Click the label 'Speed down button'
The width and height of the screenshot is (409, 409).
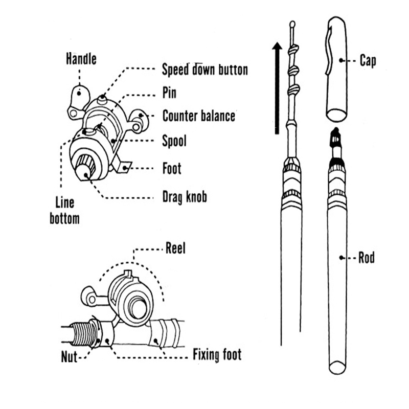tap(204, 69)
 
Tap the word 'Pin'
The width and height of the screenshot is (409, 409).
tap(169, 93)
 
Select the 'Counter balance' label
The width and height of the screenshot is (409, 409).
tap(199, 116)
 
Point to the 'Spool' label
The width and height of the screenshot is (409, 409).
tap(174, 141)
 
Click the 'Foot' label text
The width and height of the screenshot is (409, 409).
tap(172, 168)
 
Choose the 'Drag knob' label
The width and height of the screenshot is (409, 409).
tap(184, 196)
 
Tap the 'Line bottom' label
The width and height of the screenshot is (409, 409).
tap(65, 211)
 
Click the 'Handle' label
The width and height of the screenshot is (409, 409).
tap(81, 59)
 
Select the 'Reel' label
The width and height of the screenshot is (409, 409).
tap(175, 249)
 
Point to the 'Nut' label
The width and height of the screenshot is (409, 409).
tap(69, 356)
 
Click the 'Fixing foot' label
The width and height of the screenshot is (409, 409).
tap(217, 354)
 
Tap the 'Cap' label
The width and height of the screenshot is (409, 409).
tap(367, 61)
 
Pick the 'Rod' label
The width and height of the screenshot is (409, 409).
tap(366, 257)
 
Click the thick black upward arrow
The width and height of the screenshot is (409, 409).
tap(277, 87)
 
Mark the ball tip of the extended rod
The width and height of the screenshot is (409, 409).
tap(292, 24)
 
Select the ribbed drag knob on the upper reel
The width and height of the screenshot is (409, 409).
tap(85, 168)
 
